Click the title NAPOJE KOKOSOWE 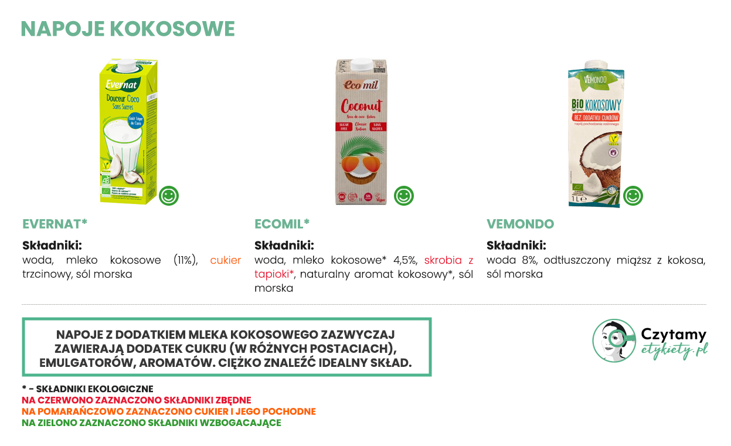(128, 29)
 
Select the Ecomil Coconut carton (361, 132)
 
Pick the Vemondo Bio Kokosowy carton (594, 134)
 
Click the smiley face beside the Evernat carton (169, 195)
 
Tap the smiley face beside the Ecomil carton (404, 195)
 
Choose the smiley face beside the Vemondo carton (633, 195)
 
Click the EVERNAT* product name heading (55, 224)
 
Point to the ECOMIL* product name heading (282, 224)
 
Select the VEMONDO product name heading (520, 224)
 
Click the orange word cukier (226, 260)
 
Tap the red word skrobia (443, 260)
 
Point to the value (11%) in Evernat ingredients (186, 260)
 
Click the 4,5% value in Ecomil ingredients (404, 260)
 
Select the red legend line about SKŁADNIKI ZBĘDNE (137, 400)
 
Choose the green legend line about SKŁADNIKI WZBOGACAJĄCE (151, 423)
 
